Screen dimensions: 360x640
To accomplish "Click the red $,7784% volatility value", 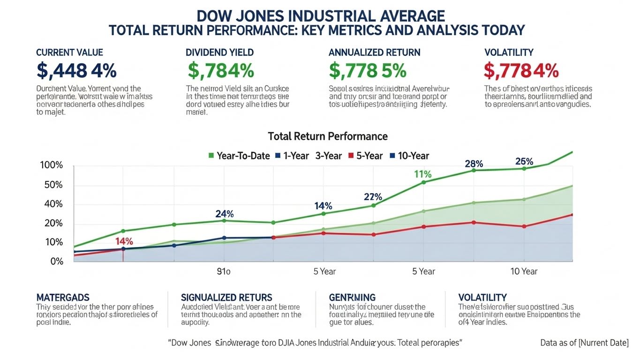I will pos(521,71).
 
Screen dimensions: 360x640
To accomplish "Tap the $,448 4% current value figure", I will pos(76,71).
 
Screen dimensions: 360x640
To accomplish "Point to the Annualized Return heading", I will pos(374,52).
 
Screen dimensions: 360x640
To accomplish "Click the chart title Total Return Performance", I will pos(327,136).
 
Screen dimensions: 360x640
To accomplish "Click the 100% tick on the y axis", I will pos(52,165).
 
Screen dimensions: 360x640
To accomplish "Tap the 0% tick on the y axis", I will pos(56,261).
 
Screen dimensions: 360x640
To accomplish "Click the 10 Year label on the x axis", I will pos(523,271).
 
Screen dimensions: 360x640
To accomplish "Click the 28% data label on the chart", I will pos(474,164).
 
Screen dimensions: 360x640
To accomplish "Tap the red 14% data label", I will pos(124,242).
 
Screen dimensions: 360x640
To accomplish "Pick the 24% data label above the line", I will pos(225,214).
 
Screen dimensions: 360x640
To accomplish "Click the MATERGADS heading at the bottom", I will pos(62,298).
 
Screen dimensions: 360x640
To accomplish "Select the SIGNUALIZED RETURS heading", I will pos(226,298).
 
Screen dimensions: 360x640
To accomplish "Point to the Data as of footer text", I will pos(584,343).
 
